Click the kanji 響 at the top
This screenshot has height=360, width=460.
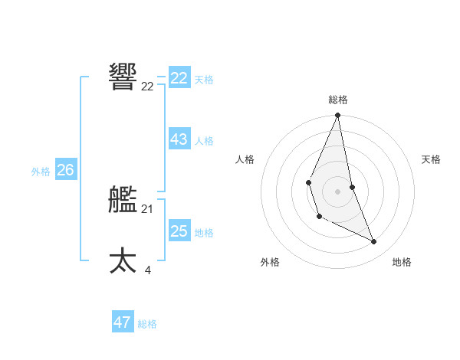[x=123, y=77]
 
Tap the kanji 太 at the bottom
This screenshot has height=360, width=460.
[x=123, y=260]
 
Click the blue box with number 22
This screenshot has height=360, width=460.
[x=179, y=78]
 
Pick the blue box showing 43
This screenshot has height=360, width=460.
[x=179, y=139]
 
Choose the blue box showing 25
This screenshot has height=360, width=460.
[x=179, y=231]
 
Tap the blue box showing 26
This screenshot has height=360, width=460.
[x=65, y=170]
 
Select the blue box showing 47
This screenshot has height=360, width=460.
[x=123, y=322]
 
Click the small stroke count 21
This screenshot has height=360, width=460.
[x=147, y=209]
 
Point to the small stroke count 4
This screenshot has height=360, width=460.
[x=147, y=270]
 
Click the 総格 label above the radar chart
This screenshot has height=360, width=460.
[x=338, y=100]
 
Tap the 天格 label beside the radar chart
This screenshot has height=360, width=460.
[x=431, y=159]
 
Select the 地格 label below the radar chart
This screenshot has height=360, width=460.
[x=402, y=262]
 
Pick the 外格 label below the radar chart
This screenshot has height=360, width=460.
[x=270, y=262]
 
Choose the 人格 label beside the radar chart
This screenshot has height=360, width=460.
[x=245, y=159]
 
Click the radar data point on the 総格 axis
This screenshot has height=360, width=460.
[x=337, y=116]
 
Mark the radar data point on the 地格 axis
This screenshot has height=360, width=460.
[x=374, y=242]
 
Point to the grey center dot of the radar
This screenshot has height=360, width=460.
[x=337, y=191]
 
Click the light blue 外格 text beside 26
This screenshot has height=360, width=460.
[x=41, y=172]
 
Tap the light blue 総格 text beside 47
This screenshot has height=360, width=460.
[x=147, y=324]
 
